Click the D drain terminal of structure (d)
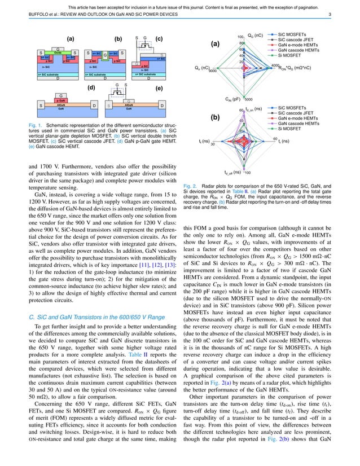[x=93, y=106]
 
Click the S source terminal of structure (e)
[x=109, y=106]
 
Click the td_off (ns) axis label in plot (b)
[x=232, y=172]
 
